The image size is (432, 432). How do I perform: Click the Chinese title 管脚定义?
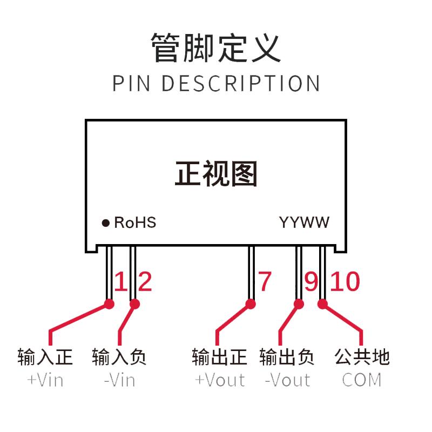click(216, 48)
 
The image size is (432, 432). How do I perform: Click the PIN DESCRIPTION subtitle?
click(217, 83)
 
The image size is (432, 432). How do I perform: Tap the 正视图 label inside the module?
click(217, 173)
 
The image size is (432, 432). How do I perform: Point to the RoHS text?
click(135, 222)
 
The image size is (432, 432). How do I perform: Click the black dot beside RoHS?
click(105, 223)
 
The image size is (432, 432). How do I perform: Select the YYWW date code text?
click(304, 222)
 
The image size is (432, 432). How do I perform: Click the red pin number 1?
click(120, 281)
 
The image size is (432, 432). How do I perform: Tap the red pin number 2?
click(145, 281)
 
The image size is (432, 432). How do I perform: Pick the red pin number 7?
click(265, 281)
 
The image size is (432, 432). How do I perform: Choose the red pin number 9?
click(312, 281)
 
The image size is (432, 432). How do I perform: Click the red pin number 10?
click(345, 281)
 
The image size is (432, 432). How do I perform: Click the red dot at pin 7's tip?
click(251, 304)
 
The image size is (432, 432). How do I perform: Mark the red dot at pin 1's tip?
click(110, 304)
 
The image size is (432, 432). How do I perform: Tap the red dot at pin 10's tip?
click(322, 304)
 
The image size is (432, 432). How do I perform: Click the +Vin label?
click(45, 381)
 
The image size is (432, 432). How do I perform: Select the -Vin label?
click(120, 381)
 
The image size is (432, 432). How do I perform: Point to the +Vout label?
click(220, 380)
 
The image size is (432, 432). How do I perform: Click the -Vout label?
click(288, 380)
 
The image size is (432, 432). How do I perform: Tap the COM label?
click(362, 380)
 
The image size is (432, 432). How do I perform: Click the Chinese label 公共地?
click(362, 357)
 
